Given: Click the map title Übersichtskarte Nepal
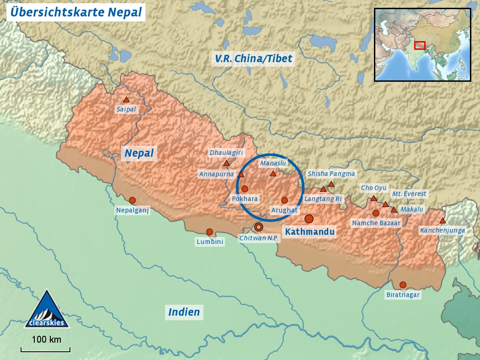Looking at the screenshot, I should pos(76,12).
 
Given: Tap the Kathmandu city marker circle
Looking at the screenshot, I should pos(309,219).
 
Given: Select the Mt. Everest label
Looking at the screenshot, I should pos(409,194).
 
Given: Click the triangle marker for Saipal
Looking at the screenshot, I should pos(126,100).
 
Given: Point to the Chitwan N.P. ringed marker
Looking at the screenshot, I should pos(258,227).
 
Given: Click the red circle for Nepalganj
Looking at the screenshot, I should pos(132,200).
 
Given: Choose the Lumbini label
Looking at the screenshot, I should pos(210,242).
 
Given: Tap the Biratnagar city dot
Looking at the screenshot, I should pos(403,285).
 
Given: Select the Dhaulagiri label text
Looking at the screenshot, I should pos(226,153).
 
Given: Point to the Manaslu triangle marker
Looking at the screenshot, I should pos(273,174).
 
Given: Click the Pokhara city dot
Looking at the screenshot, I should pos(245,189).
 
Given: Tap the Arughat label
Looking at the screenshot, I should pos(284,210).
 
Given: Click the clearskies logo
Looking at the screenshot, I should pos(47,310).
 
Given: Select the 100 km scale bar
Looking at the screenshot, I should pos(46,350).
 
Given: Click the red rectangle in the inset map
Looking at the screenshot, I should pos(420,45).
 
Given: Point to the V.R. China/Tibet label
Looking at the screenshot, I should pos(253,58).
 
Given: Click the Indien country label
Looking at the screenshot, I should pos(184,312).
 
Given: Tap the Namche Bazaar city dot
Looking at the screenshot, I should pos(376,213).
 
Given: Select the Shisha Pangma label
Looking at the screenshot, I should pos(331,174).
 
